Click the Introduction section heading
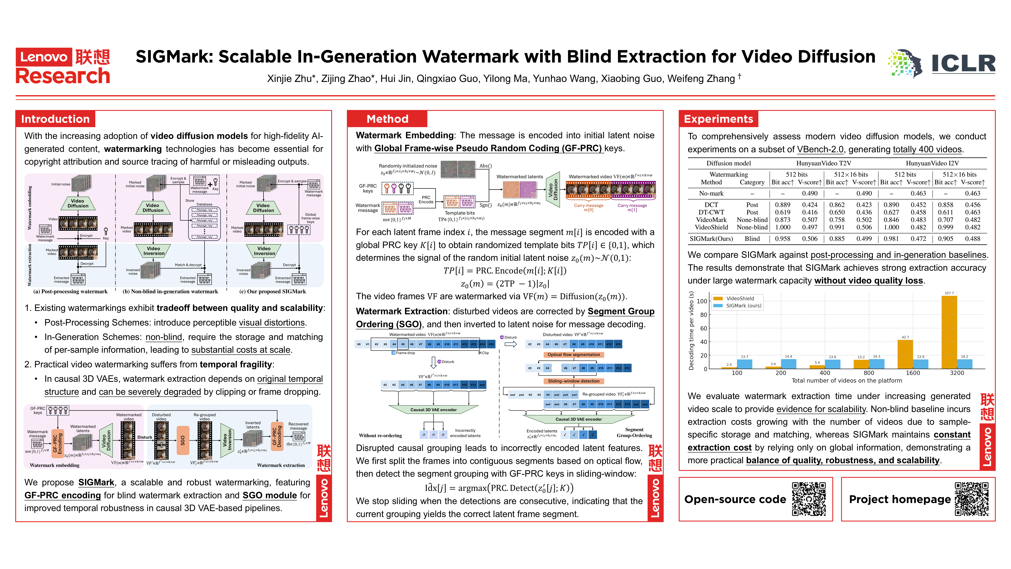[55, 119]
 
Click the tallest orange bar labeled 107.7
[949, 332]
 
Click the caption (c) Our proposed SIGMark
[272, 291]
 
